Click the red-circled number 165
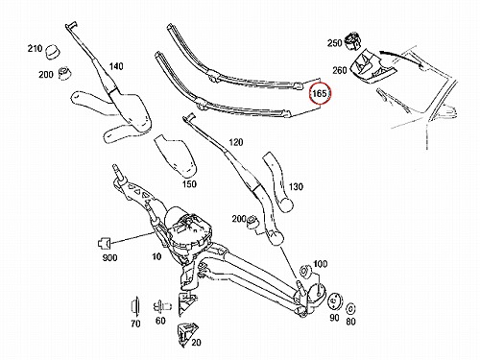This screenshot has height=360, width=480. coord(320,93)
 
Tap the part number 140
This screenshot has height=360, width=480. coord(116,66)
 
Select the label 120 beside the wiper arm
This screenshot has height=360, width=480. coord(236,142)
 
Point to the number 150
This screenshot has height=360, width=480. coord(189,184)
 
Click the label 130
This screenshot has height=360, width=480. coord(296,186)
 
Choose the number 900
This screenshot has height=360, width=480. coord(109,257)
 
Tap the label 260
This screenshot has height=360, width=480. coord(340,70)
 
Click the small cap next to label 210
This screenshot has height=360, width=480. coord(52,52)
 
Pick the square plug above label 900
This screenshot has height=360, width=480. coord(104,244)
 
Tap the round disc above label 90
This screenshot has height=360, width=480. coord(335,301)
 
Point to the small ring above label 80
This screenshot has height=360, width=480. coord(351,309)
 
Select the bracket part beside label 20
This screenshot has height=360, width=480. coord(186,335)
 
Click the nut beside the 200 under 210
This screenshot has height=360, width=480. coord(65,73)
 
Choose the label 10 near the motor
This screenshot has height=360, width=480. coord(156,256)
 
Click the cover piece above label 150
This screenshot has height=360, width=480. coord(175,156)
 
